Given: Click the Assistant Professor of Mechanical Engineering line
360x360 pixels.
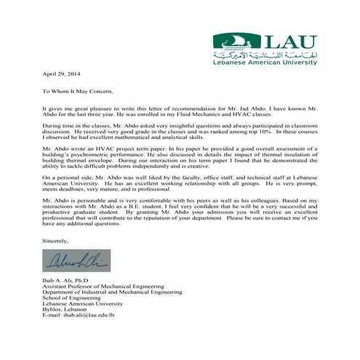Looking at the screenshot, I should click(98, 287).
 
